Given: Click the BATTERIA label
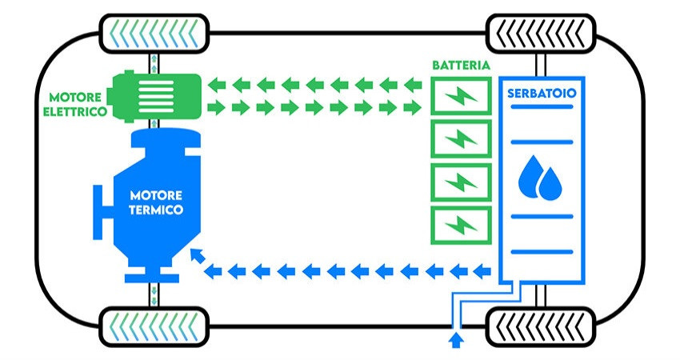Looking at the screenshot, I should [x=460, y=65].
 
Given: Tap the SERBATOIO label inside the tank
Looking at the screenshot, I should [x=542, y=94].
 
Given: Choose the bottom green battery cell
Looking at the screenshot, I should [x=460, y=224].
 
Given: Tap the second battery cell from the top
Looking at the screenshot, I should [x=460, y=138].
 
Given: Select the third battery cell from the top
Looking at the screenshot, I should [x=460, y=182].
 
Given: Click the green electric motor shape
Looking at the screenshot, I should [x=155, y=95].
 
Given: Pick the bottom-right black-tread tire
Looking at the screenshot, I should [x=541, y=326].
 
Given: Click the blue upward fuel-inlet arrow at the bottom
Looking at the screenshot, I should [x=457, y=342].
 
